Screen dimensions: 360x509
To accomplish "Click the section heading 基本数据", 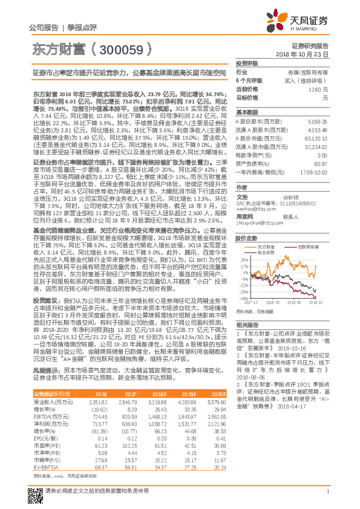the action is coord(247,113).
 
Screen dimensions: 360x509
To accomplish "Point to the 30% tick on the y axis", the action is coord(242,259).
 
